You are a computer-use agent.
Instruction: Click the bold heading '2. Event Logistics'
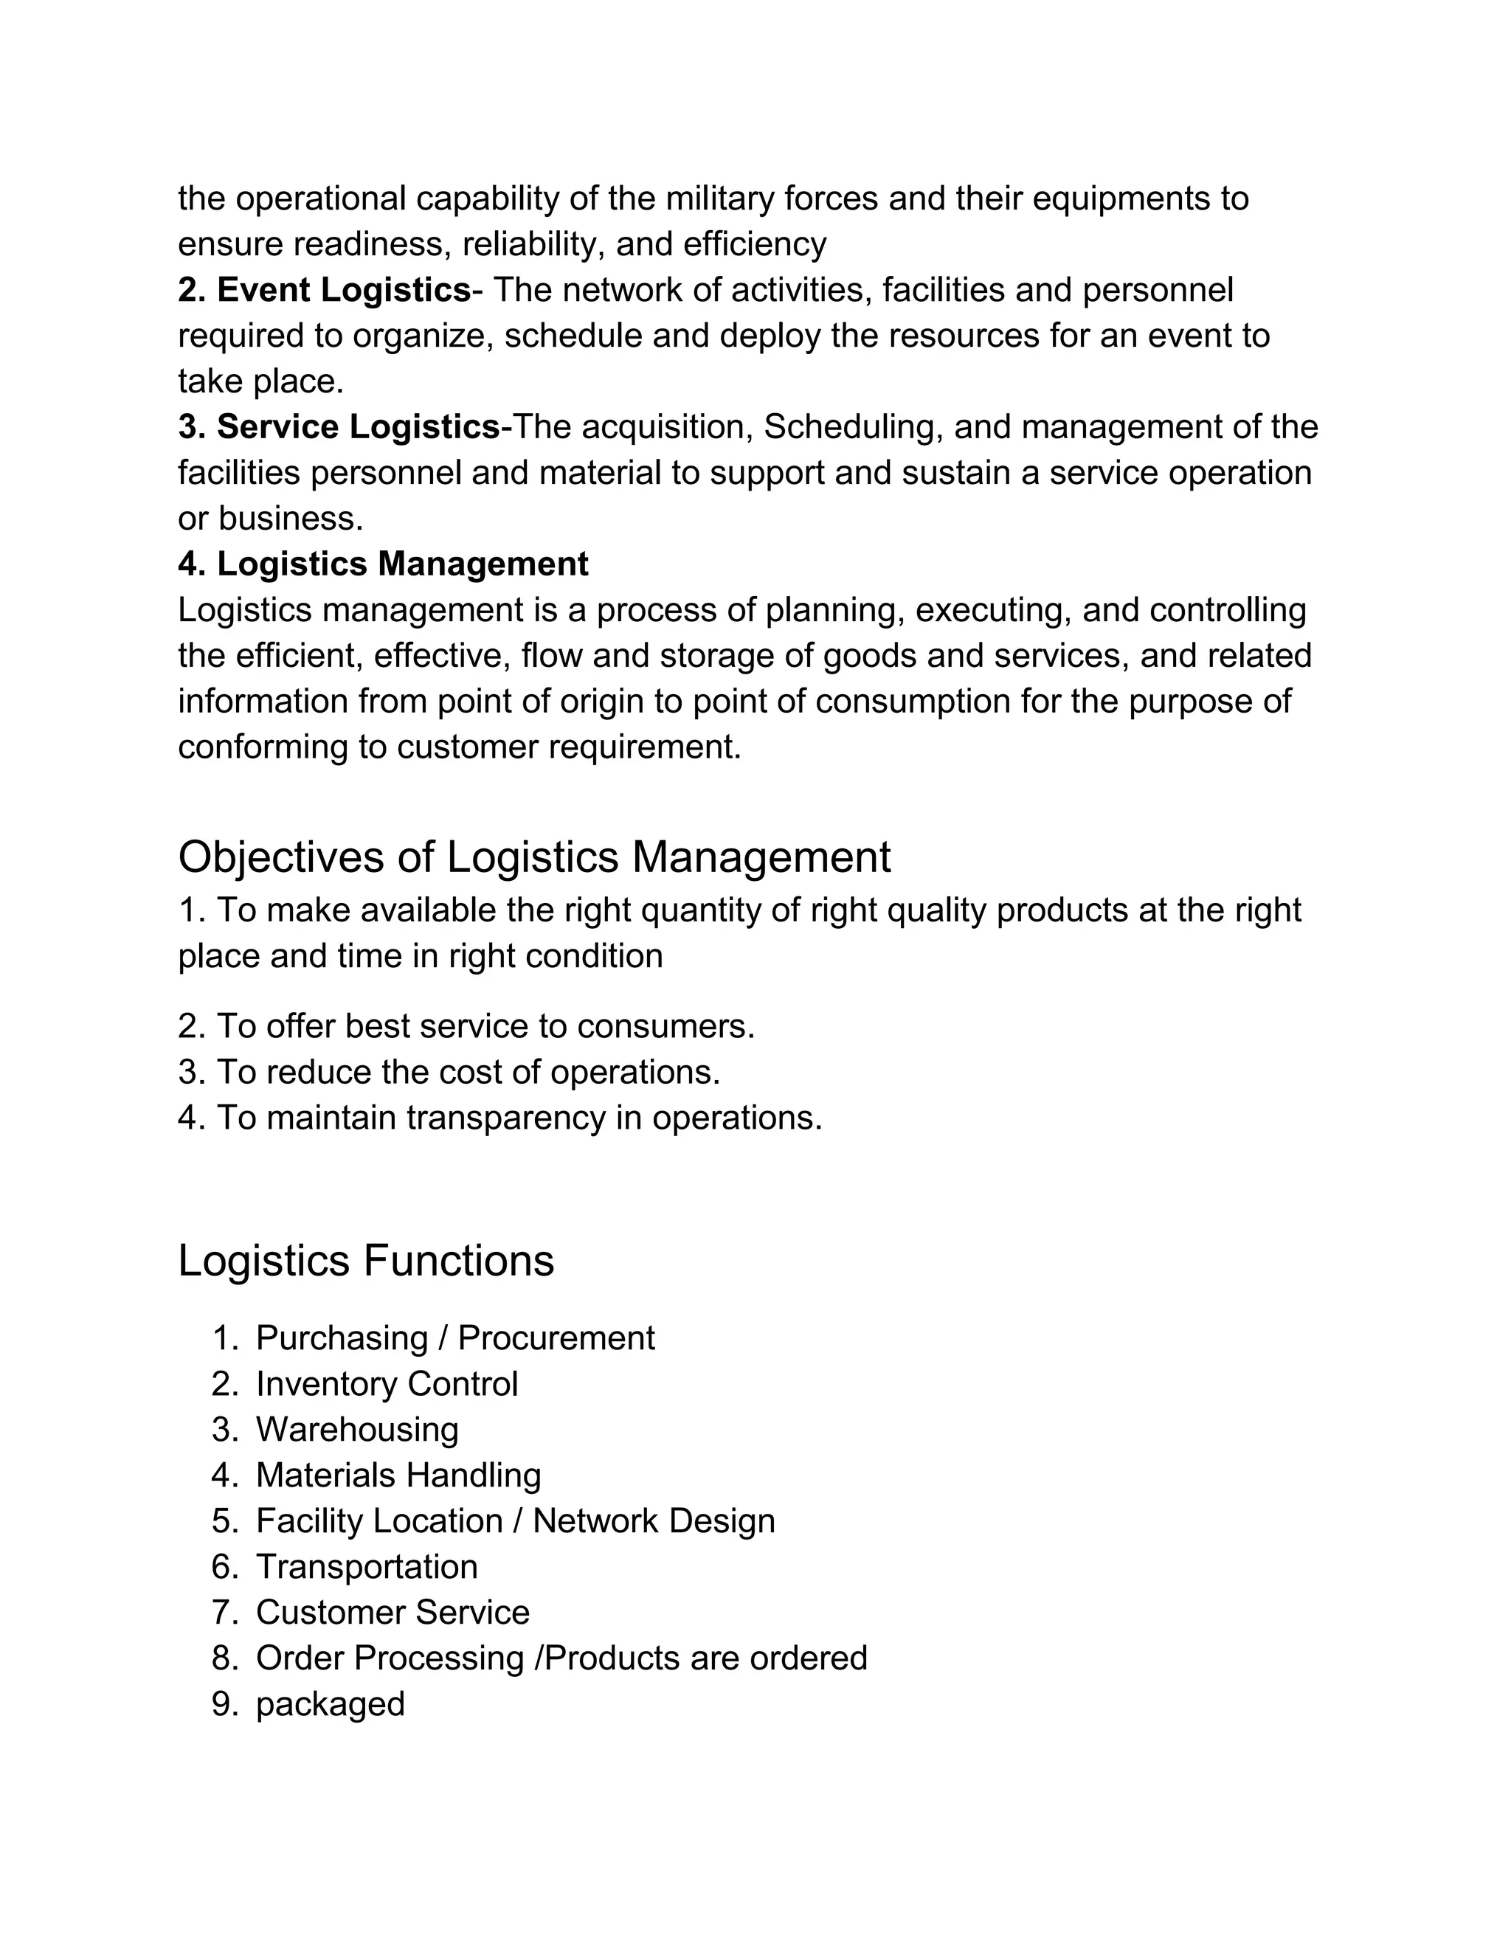[x=324, y=290]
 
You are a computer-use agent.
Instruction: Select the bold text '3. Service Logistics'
[x=339, y=427]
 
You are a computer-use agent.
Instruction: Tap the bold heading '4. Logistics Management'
[x=383, y=564]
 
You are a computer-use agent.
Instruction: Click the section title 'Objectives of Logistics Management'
[x=534, y=857]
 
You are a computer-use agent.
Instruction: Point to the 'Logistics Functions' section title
[x=366, y=1260]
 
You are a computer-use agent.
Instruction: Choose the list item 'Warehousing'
[x=357, y=1429]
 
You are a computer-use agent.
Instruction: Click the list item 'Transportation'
[x=367, y=1566]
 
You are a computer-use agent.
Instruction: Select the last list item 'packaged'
[x=331, y=1703]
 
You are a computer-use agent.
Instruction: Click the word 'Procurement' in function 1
[x=556, y=1338]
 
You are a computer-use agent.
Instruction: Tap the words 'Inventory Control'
[x=387, y=1383]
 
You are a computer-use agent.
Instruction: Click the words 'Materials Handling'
[x=398, y=1475]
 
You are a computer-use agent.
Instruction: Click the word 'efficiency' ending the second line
[x=755, y=244]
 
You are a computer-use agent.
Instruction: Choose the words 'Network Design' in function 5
[x=654, y=1521]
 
